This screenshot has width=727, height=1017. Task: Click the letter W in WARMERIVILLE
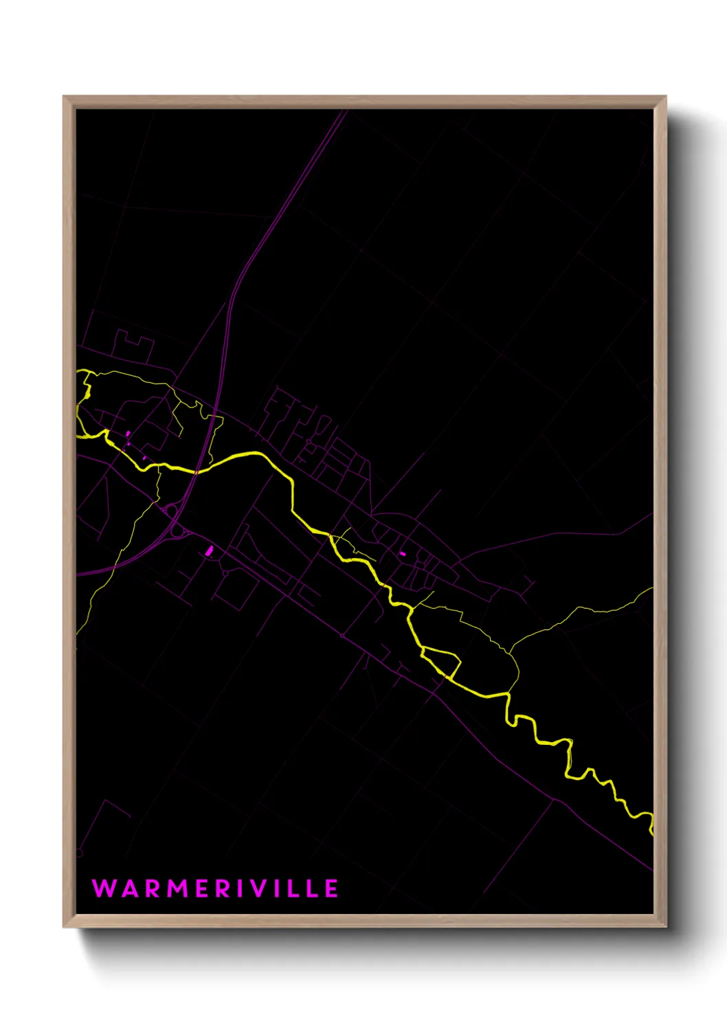104,889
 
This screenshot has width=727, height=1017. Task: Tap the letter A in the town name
128,889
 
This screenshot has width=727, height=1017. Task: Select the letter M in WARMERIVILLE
178,889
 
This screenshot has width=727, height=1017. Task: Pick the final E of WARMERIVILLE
331,889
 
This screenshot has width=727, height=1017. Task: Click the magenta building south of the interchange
210,550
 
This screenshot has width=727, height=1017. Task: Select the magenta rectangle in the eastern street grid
403,553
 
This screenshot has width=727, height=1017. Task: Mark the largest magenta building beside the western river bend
128,434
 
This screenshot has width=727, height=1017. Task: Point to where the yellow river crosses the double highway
197,471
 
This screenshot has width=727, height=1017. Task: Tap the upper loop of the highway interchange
170,510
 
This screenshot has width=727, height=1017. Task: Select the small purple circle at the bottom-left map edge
79,853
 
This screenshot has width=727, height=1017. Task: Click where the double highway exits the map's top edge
345,111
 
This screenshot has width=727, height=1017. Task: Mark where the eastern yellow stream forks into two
511,651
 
